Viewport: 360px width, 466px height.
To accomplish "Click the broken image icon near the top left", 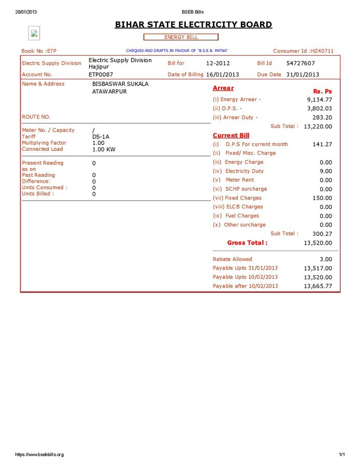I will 34,34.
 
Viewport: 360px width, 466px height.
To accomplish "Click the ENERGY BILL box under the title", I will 181,37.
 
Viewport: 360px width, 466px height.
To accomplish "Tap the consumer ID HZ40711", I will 321,51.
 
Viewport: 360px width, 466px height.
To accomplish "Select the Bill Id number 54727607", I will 300,63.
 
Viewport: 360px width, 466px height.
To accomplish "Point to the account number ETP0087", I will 100,75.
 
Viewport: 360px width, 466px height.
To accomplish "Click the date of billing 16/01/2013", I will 223,75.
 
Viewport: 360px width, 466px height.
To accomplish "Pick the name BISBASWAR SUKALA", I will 120,83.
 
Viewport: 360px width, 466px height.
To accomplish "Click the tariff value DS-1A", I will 100,137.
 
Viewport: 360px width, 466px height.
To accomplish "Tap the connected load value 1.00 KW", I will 104,149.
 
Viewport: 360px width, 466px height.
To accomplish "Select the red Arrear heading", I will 223,88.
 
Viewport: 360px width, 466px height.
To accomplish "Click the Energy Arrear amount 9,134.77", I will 319,100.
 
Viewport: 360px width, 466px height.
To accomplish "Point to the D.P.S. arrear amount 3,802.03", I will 319,108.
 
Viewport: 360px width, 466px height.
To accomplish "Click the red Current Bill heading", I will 231,135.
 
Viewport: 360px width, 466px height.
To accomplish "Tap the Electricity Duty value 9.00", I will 326,171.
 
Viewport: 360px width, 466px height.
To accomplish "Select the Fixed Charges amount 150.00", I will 322,198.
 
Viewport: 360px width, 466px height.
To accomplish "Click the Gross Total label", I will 247,243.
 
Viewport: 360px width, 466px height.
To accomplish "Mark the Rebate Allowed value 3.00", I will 326,259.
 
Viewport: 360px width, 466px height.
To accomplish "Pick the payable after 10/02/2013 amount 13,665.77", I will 318,286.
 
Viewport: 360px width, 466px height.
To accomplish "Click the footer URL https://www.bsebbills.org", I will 39,455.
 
